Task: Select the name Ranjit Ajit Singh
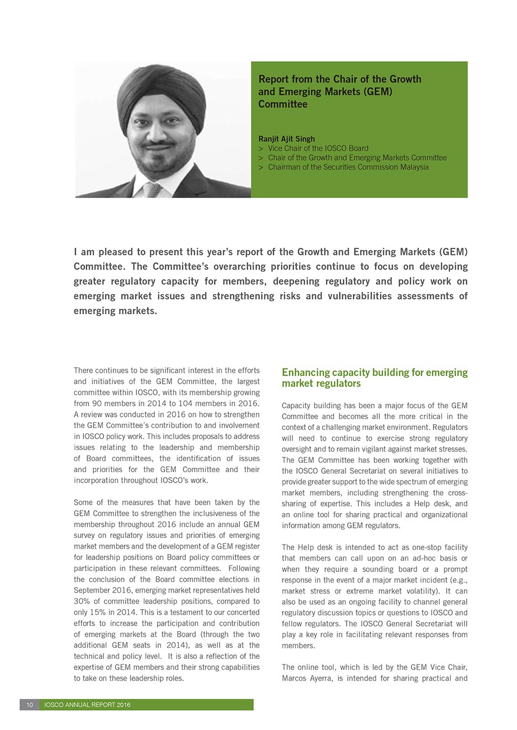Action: tap(286, 139)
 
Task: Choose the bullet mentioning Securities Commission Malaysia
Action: tap(348, 167)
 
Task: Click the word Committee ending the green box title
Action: tap(283, 104)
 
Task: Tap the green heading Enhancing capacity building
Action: tap(374, 378)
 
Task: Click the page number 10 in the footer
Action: tap(30, 705)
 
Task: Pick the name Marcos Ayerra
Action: tap(307, 678)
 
